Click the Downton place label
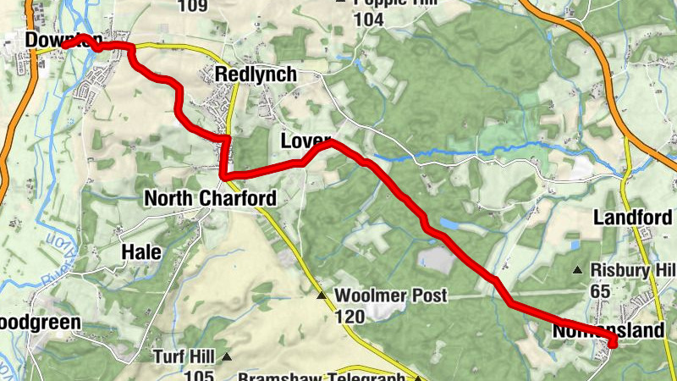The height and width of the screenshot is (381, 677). pyautogui.click(x=63, y=40)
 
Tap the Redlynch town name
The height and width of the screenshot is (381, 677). pyautogui.click(x=256, y=75)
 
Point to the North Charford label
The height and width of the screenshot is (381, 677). pyautogui.click(x=210, y=198)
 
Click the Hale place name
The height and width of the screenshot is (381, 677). pyautogui.click(x=140, y=251)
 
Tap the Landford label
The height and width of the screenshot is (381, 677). pyautogui.click(x=633, y=218)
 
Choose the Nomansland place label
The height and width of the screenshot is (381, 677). pyautogui.click(x=608, y=331)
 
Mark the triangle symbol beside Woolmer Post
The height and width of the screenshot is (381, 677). pyautogui.click(x=322, y=295)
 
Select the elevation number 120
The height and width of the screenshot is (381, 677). pyautogui.click(x=350, y=317)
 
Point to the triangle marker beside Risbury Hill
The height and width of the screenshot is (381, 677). pyautogui.click(x=578, y=270)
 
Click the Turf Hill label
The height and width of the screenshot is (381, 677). pyautogui.click(x=184, y=356)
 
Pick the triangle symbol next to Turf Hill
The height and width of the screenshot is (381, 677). pyautogui.click(x=226, y=356)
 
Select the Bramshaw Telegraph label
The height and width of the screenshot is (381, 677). pyautogui.click(x=326, y=376)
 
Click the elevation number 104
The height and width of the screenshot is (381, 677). pyautogui.click(x=369, y=19)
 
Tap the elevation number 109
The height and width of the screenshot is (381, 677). pyautogui.click(x=193, y=5)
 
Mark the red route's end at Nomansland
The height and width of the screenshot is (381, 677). pyautogui.click(x=611, y=343)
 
